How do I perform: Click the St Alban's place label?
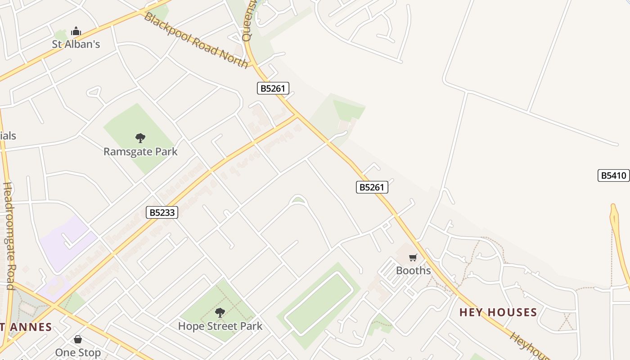[x=76, y=44]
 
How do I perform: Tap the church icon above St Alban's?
[x=76, y=31]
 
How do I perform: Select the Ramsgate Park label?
[x=140, y=152]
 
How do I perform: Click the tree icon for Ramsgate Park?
[x=140, y=138]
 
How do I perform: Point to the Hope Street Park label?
[x=220, y=326]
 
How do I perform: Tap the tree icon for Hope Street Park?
[x=220, y=312]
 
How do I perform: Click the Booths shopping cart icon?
[x=413, y=257]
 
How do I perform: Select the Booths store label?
[x=413, y=270]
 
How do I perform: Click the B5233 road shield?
[x=162, y=212]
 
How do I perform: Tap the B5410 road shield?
[x=613, y=175]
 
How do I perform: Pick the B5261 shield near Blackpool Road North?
[x=273, y=88]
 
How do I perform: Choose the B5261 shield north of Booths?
[x=372, y=187]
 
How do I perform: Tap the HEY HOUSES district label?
[x=498, y=312]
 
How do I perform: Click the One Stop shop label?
[x=78, y=352]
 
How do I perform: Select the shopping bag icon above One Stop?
[x=78, y=339]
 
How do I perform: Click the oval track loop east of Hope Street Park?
[x=319, y=304]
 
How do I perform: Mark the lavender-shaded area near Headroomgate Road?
[x=65, y=243]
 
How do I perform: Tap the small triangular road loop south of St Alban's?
[x=94, y=92]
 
